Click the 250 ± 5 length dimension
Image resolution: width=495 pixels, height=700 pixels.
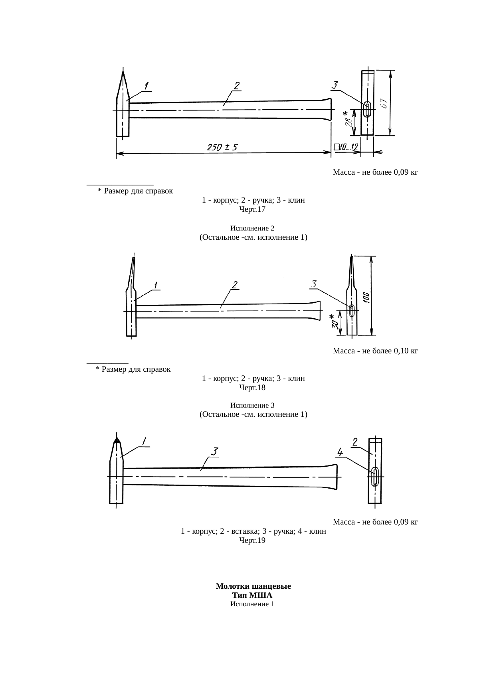click(x=222, y=148)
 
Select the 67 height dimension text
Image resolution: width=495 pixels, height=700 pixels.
click(x=384, y=103)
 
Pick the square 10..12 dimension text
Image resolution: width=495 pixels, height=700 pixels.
click(x=346, y=148)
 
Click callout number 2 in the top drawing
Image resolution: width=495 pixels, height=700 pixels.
click(x=237, y=86)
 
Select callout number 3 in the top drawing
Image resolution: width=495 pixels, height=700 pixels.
click(x=335, y=86)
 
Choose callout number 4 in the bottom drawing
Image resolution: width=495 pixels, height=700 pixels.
click(x=340, y=452)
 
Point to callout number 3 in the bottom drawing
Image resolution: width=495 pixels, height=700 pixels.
click(x=214, y=452)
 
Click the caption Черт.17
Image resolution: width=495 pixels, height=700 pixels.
click(x=252, y=209)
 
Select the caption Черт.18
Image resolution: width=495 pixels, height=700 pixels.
click(x=252, y=387)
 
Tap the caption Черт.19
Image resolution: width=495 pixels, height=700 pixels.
click(x=252, y=540)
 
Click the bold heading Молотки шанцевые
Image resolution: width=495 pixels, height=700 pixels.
click(x=253, y=586)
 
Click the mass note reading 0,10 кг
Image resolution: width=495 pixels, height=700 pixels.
click(x=375, y=351)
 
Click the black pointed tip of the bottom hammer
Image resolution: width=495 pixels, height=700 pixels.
click(x=117, y=440)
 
